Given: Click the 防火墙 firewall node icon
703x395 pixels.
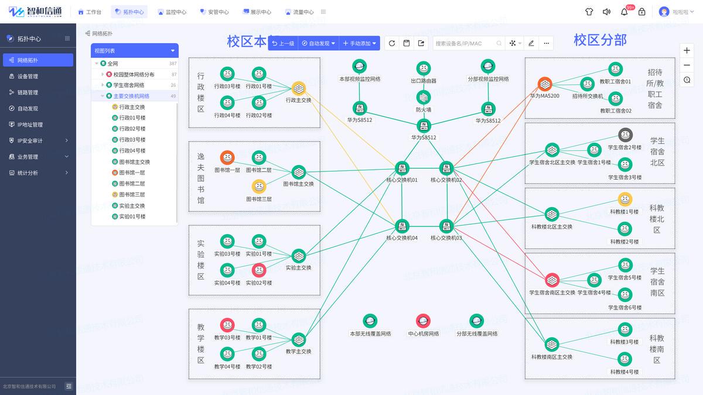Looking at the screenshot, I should pos(424,97).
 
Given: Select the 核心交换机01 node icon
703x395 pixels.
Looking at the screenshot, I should pos(402,169).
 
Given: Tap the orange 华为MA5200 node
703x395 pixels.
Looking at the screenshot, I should pos(545,84).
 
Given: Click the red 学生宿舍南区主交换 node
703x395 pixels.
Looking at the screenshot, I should pos(552,280).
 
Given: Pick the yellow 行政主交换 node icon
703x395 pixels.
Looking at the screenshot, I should pos(299,88).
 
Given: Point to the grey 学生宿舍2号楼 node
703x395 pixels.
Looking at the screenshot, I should pos(625,135).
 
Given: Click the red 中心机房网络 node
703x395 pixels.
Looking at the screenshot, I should pos(423,321).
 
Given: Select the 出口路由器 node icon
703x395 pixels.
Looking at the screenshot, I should pos(424,68).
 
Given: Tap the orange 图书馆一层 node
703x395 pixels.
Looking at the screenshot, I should pos(227,157).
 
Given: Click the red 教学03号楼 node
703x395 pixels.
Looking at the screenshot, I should pos(227,325).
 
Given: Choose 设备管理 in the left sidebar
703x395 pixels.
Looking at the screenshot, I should pos(28,76).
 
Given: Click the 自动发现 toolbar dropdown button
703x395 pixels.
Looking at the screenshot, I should pos(319,43).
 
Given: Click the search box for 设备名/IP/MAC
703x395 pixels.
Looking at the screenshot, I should pos(465,43).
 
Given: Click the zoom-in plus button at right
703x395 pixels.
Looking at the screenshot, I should pos(687,51).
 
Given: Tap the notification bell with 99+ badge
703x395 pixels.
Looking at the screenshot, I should pos(624,12).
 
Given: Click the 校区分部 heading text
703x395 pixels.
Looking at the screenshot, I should pos(600,40).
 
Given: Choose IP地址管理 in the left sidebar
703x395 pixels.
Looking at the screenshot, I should pos(30,125).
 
